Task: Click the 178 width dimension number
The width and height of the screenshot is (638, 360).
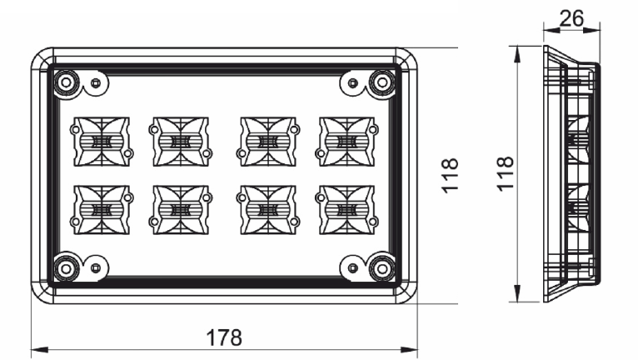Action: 224,337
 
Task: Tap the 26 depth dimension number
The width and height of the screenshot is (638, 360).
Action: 571,18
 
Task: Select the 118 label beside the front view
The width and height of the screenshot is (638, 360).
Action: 450,176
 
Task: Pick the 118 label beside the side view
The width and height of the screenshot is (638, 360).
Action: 505,173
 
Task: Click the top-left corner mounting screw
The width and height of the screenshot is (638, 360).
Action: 66,82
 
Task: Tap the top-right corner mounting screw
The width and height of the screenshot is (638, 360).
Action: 382,82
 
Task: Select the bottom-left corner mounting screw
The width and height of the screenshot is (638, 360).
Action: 66,268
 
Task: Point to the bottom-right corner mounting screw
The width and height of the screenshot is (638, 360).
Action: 382,268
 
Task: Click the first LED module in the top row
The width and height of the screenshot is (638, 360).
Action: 102,142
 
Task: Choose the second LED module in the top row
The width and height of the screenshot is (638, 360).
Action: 181,142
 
